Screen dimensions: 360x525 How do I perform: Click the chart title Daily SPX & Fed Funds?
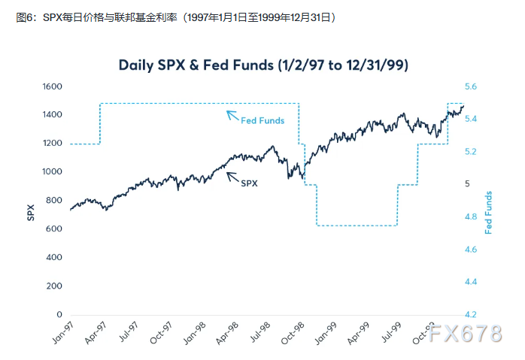(262, 65)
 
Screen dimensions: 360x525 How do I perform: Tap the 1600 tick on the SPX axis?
(51, 86)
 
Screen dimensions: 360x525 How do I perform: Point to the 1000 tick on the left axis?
(51, 171)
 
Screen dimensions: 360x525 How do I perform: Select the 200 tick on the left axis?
(54, 286)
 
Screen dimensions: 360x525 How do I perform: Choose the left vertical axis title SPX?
(31, 212)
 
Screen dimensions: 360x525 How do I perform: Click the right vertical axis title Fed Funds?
(489, 212)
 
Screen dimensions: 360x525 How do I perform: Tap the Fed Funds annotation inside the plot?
(262, 121)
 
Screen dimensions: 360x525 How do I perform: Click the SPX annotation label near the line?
(249, 182)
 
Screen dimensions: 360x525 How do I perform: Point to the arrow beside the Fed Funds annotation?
(232, 115)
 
